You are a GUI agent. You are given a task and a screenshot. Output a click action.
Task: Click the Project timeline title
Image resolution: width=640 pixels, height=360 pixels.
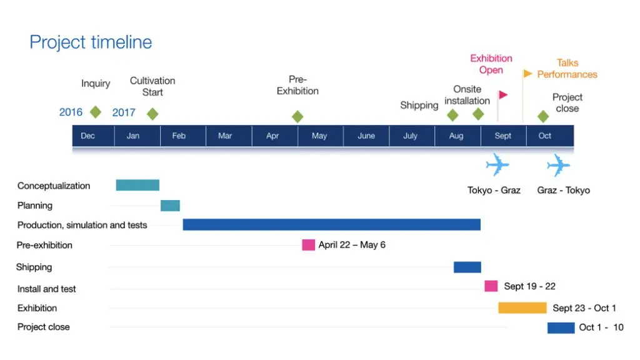coord(91,42)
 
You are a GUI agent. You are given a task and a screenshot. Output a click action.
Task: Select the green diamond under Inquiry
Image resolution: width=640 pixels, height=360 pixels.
coord(96,112)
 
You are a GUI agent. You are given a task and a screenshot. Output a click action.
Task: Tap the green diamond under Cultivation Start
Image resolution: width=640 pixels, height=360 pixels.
coord(152,114)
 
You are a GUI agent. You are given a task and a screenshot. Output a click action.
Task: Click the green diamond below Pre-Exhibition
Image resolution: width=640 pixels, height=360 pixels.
coord(297,117)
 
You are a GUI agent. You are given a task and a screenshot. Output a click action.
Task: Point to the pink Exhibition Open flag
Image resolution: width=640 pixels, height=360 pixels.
coord(503,95)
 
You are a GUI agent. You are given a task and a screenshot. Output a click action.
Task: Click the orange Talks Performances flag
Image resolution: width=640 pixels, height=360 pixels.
coord(527,74)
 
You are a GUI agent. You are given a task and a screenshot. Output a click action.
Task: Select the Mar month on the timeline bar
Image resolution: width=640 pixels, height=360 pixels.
coord(225,136)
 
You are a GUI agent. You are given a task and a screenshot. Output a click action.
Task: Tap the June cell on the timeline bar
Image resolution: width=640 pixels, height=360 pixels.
coord(366,136)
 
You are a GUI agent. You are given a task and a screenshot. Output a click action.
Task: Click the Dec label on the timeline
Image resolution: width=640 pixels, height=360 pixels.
coord(87,136)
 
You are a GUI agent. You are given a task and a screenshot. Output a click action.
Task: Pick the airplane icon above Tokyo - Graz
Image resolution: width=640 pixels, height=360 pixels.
coord(497,165)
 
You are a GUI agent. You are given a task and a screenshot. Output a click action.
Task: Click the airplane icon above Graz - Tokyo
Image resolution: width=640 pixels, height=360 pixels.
coord(558,165)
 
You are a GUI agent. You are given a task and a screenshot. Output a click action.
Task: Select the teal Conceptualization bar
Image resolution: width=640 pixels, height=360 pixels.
coord(137,185)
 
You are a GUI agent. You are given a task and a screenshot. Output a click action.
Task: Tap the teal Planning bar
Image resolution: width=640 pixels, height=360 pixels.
coord(170,206)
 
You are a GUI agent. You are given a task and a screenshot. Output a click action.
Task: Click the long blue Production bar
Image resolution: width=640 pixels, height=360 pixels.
coord(331,224)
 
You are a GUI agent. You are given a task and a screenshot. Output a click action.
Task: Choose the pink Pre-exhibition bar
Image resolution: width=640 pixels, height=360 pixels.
coord(309,245)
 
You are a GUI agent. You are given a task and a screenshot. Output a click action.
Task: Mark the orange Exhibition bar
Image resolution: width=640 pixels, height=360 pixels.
coord(522,307)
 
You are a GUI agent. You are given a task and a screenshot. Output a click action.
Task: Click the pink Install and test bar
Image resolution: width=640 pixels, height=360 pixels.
coord(491,286)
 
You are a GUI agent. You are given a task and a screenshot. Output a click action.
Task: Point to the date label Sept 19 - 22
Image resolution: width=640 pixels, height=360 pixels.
coord(529,286)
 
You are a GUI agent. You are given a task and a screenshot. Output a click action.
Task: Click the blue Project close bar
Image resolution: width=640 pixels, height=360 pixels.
coord(561,327)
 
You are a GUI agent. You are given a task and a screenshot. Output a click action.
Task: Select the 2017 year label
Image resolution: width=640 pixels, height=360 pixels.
coord(124,112)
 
